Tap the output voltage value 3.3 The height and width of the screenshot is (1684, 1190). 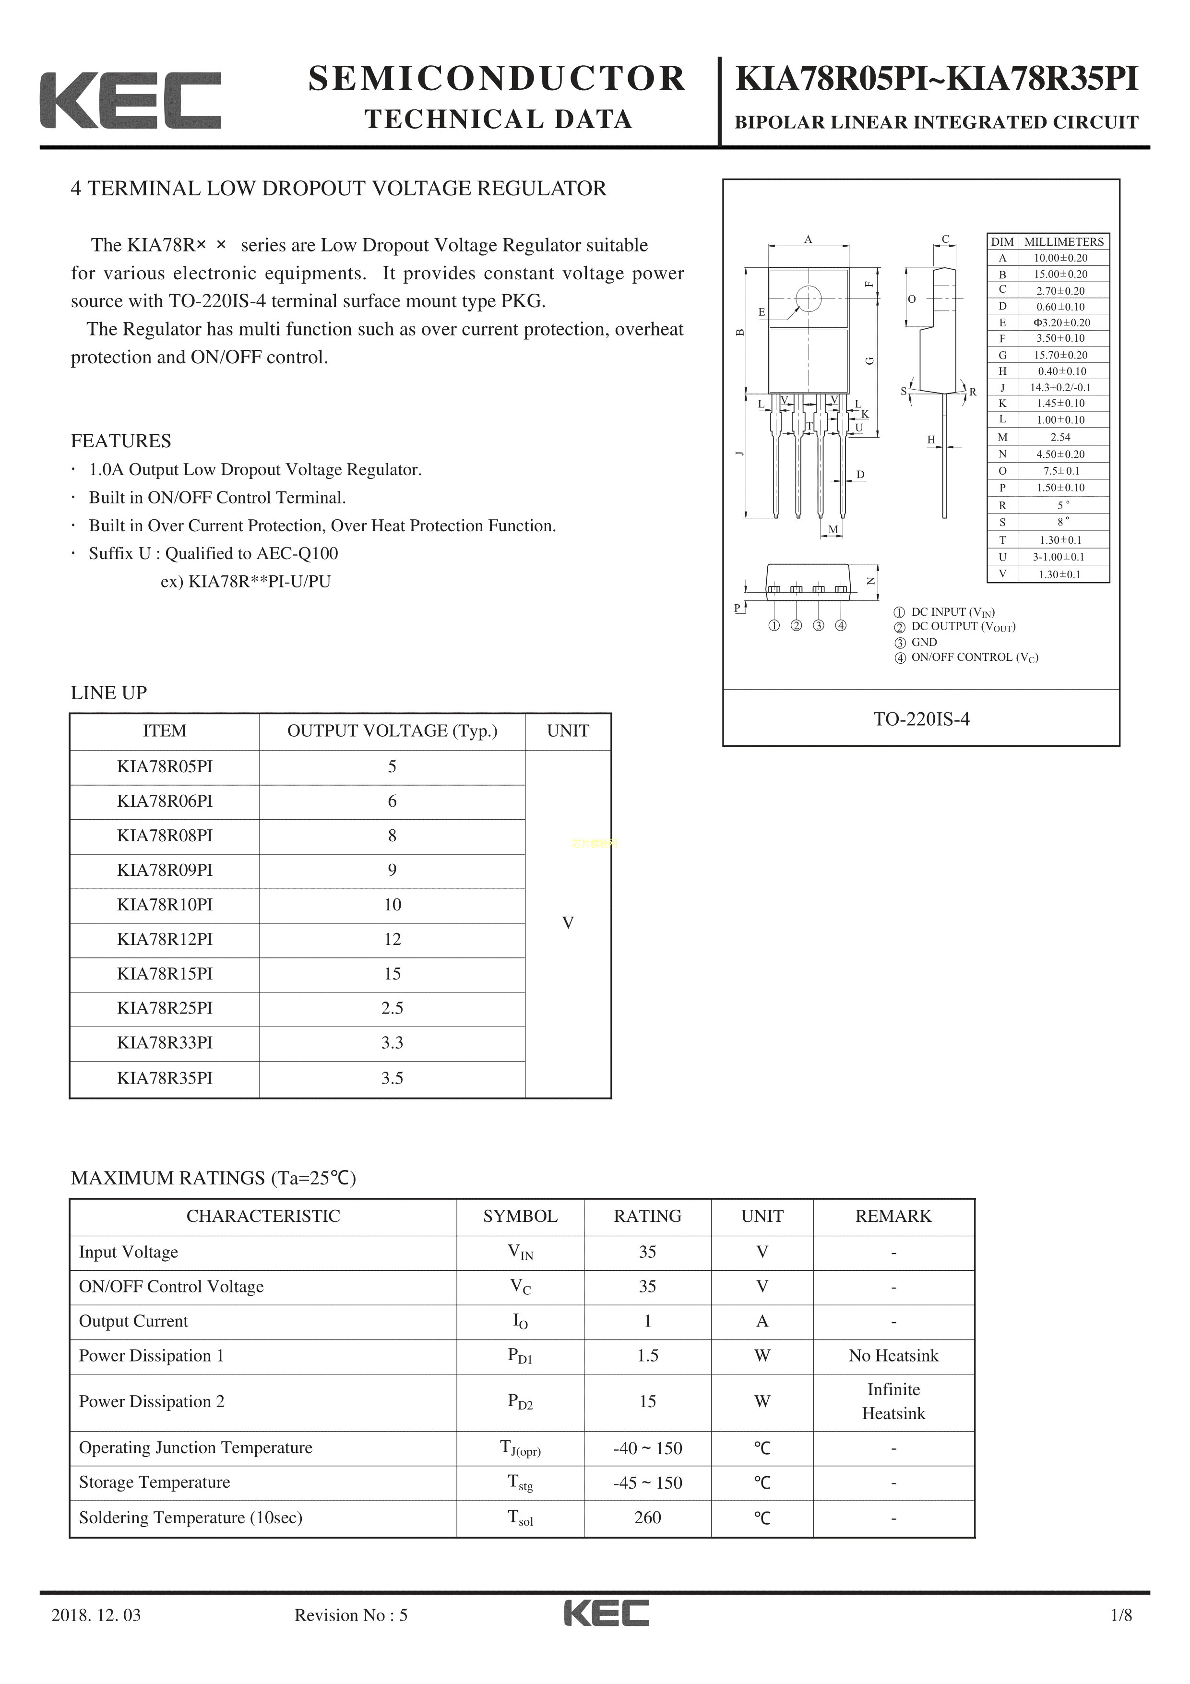(392, 1042)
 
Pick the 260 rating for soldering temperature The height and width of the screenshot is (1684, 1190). (647, 1517)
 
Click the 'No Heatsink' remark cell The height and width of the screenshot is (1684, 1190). (893, 1355)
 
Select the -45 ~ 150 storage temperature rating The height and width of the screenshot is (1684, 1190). (647, 1482)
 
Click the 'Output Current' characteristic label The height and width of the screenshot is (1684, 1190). (133, 1321)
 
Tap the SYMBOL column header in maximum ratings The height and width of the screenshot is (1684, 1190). (520, 1216)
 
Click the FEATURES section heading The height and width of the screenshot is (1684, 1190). (121, 441)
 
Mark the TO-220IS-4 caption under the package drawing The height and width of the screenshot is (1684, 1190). (921, 719)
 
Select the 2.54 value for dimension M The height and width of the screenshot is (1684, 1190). (1060, 437)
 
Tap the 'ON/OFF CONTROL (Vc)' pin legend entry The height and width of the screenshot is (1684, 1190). (974, 657)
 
